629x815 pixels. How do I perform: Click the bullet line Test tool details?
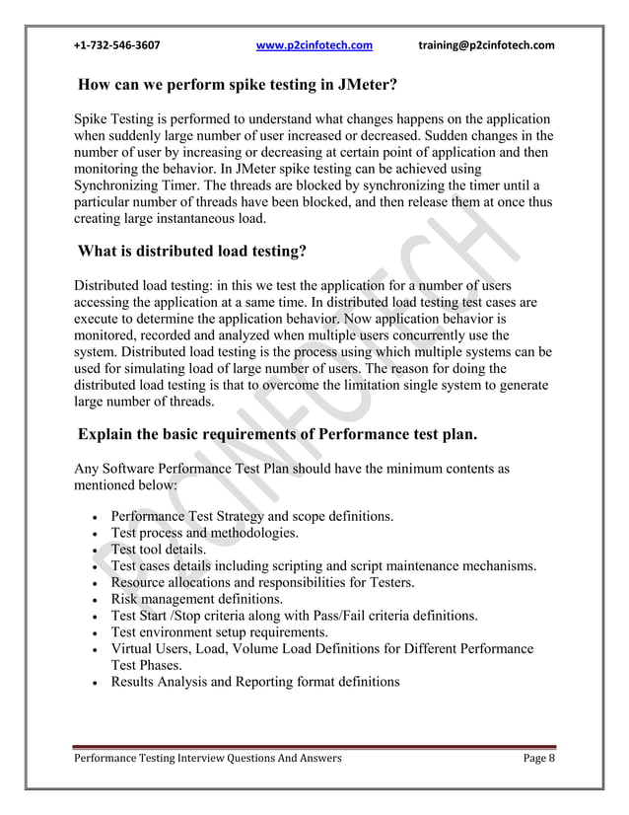click(x=159, y=549)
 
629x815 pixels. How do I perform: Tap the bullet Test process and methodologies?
click(x=205, y=532)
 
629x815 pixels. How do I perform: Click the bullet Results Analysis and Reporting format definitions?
click(x=255, y=682)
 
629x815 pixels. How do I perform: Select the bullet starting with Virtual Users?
click(x=321, y=648)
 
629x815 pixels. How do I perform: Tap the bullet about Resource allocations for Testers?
click(x=262, y=582)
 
